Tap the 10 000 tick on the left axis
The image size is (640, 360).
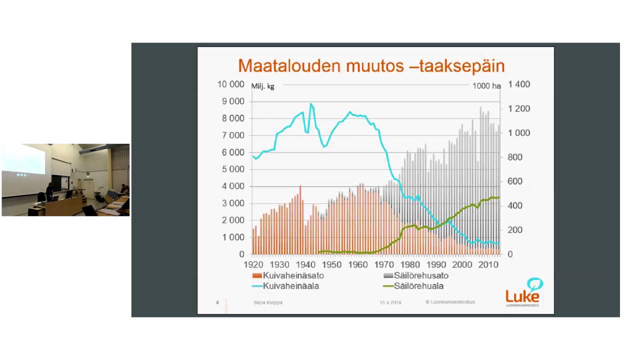(230, 84)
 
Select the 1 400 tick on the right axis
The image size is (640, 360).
(518, 84)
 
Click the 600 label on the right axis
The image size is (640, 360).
(514, 181)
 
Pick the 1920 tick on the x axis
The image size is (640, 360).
(253, 264)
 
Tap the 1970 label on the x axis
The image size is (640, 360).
(384, 264)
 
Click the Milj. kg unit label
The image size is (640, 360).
(262, 86)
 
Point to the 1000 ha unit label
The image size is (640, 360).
(486, 86)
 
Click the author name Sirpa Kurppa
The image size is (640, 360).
(268, 302)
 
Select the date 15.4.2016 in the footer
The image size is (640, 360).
(390, 302)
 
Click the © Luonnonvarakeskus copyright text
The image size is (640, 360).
(450, 302)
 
